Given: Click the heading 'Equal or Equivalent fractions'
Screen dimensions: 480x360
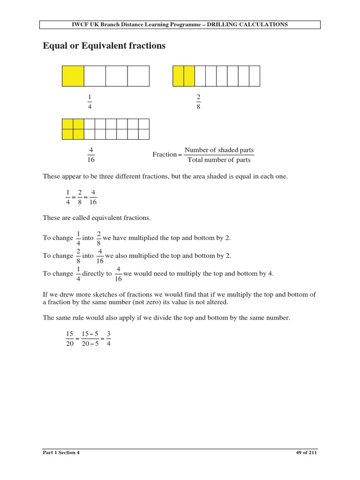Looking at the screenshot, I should coord(104,46).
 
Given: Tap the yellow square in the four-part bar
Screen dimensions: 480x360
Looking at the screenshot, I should coord(73,76).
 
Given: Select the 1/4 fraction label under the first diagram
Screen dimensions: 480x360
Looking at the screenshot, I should coord(90,102).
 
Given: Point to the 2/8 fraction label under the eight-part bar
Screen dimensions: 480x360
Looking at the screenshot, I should coord(198,102).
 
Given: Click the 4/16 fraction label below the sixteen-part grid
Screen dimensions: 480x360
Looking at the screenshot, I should coord(91,155).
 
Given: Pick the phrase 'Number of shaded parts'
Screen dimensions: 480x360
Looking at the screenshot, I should coord(219,150).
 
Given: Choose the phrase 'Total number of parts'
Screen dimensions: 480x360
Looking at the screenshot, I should coord(219,160).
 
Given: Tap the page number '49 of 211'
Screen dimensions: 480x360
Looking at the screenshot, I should coord(307,453).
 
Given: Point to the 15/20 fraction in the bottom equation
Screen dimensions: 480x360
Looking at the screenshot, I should coord(70,338).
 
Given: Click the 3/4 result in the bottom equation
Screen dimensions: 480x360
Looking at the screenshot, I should coord(108,338).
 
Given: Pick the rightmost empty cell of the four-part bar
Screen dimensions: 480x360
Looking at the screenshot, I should coord(138,76).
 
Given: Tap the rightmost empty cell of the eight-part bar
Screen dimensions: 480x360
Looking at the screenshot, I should coord(255,76).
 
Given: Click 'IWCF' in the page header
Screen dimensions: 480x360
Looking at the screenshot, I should coord(81,24).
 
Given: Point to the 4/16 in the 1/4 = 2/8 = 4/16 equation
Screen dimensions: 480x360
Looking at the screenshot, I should coord(93,197).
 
